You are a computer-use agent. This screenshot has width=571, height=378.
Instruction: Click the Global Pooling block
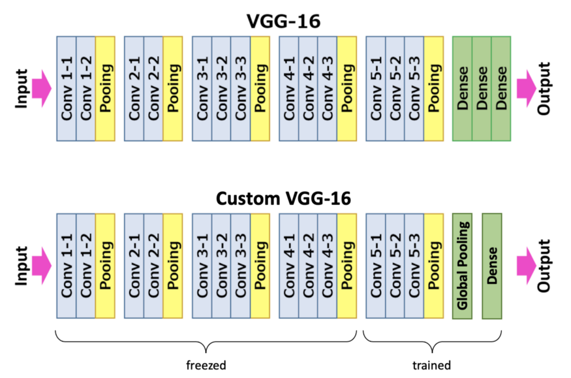[x=462, y=266]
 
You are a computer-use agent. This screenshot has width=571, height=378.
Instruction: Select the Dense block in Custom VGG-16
[x=492, y=266]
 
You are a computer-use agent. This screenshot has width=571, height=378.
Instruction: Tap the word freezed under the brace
[x=206, y=365]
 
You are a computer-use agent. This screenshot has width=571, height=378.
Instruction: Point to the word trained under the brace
[x=431, y=365]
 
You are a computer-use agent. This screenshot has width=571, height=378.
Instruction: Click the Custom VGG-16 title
[x=283, y=199]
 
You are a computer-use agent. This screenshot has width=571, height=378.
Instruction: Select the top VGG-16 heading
[x=283, y=21]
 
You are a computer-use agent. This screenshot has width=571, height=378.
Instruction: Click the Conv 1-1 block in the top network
[x=67, y=89]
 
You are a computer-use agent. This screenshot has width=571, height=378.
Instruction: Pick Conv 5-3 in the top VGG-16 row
[x=414, y=89]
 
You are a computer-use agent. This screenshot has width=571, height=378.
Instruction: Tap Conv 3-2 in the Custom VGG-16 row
[x=221, y=266]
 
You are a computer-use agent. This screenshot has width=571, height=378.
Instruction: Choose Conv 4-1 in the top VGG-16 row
[x=289, y=89]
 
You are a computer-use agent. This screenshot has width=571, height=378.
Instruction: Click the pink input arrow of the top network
[x=42, y=89]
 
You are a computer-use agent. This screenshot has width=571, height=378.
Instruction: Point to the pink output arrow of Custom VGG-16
[x=527, y=266]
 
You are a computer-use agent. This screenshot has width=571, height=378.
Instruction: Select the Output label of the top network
[x=544, y=89]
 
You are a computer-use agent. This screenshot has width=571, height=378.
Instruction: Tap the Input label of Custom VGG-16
[x=22, y=266]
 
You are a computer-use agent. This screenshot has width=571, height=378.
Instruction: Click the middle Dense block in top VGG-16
[x=482, y=89]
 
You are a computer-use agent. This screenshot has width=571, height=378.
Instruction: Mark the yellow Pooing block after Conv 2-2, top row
[x=173, y=89]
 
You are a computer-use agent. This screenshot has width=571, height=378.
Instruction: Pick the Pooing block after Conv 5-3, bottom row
[x=434, y=266]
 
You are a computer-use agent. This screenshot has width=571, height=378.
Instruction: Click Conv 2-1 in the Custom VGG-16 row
[x=134, y=266]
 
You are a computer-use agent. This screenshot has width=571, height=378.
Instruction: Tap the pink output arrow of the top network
[x=527, y=89]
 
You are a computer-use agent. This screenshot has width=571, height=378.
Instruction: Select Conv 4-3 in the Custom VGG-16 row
[x=328, y=266]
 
